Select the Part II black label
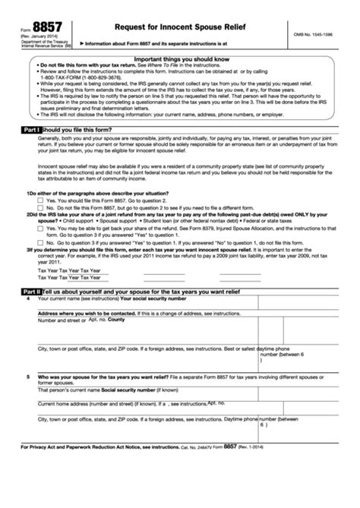[x=27, y=292]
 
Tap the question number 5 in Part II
[x=29, y=377]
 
